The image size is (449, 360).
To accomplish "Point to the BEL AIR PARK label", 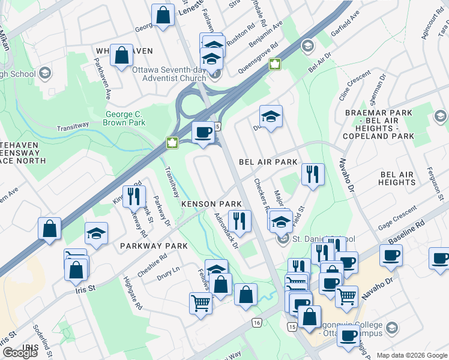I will pos(268,163).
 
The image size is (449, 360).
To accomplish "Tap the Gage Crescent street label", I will pos(397,222).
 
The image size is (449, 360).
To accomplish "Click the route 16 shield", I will pos(257,323).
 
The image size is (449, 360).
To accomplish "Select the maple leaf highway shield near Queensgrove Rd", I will pos(275,64).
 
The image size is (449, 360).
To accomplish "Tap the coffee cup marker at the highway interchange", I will pos(203,133).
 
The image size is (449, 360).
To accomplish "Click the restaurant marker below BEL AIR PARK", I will pos(312,175).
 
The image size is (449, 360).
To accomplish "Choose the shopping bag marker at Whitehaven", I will pos(121,55).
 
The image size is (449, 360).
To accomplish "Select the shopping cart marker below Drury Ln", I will pos(200,302).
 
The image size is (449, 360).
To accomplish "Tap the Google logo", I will pos(20,353).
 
